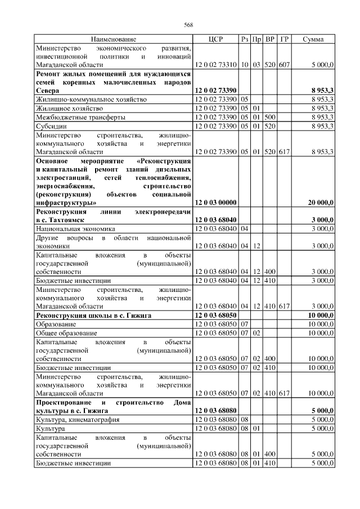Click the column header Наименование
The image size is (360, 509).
(x=114, y=39)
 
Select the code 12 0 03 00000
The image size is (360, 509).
(x=215, y=202)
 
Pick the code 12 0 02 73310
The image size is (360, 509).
(x=215, y=65)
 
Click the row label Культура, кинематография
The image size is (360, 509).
(x=74, y=419)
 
